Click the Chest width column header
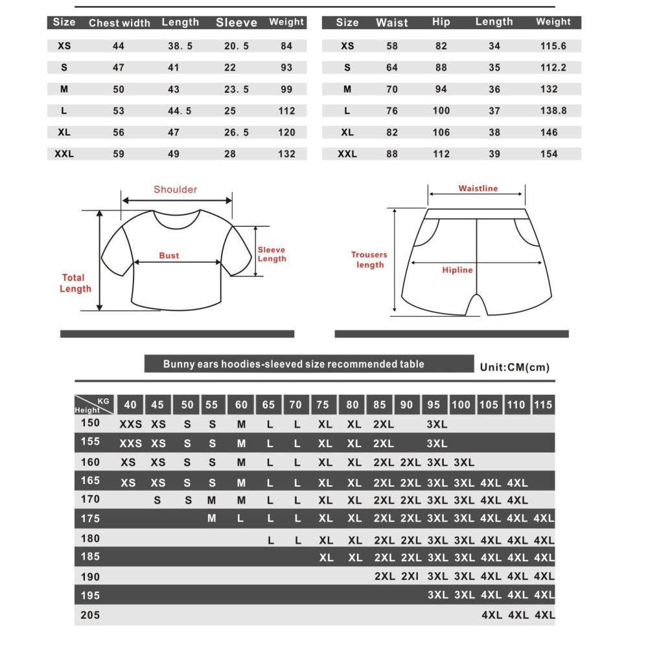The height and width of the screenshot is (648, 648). pos(119,23)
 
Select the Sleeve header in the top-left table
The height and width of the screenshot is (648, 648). pos(236,23)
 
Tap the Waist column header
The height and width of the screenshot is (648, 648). pos(392,23)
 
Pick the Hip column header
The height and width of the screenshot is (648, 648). pos(441,22)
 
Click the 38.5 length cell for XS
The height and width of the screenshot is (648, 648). pos(180,47)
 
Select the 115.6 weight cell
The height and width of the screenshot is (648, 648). pos(553,47)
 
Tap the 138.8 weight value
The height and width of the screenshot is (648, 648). pos(553,111)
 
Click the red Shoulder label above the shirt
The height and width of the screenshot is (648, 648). pos(175,190)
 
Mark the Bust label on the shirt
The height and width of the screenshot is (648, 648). pos(169,256)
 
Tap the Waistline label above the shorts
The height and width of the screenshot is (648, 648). pos(478,189)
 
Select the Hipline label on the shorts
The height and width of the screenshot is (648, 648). pos(457,270)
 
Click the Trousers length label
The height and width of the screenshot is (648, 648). pos(369,260)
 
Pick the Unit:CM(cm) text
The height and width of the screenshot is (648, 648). pos(515,367)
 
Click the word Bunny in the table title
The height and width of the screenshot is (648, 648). pos(178,364)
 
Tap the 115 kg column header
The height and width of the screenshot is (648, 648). pos(543,405)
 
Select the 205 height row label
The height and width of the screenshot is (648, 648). pos(90,615)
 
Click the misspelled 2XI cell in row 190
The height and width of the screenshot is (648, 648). pos(410,576)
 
